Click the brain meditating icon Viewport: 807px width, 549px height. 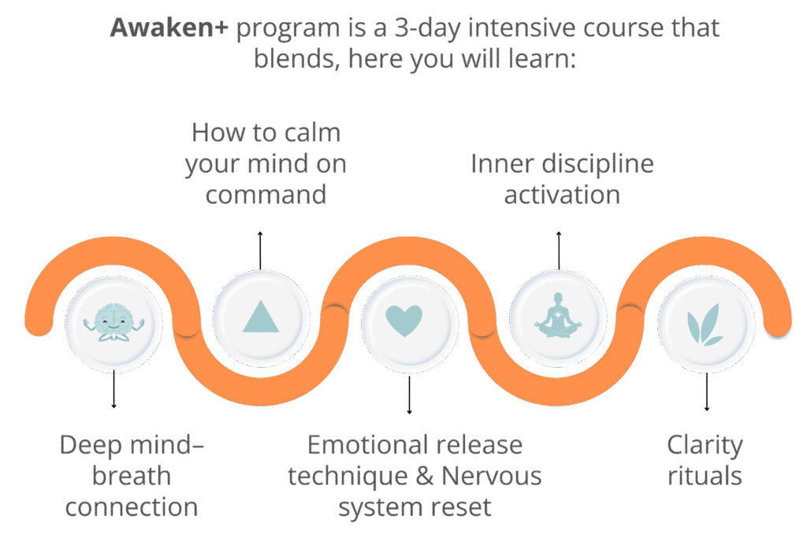[x=113, y=321]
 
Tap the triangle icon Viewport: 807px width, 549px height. [x=261, y=315]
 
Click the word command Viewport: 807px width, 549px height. [x=266, y=194]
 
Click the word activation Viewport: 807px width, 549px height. [x=562, y=194]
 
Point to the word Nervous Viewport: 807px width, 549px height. [x=491, y=476]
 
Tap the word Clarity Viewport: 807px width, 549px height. [x=705, y=446]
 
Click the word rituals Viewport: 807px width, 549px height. [x=705, y=476]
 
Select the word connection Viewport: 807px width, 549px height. [x=131, y=506]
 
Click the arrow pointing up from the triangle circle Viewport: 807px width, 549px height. [x=261, y=250]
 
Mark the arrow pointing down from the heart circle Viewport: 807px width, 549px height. [x=408, y=394]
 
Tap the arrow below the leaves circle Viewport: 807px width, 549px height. [x=706, y=391]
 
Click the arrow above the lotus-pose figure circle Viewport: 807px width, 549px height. [x=559, y=250]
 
